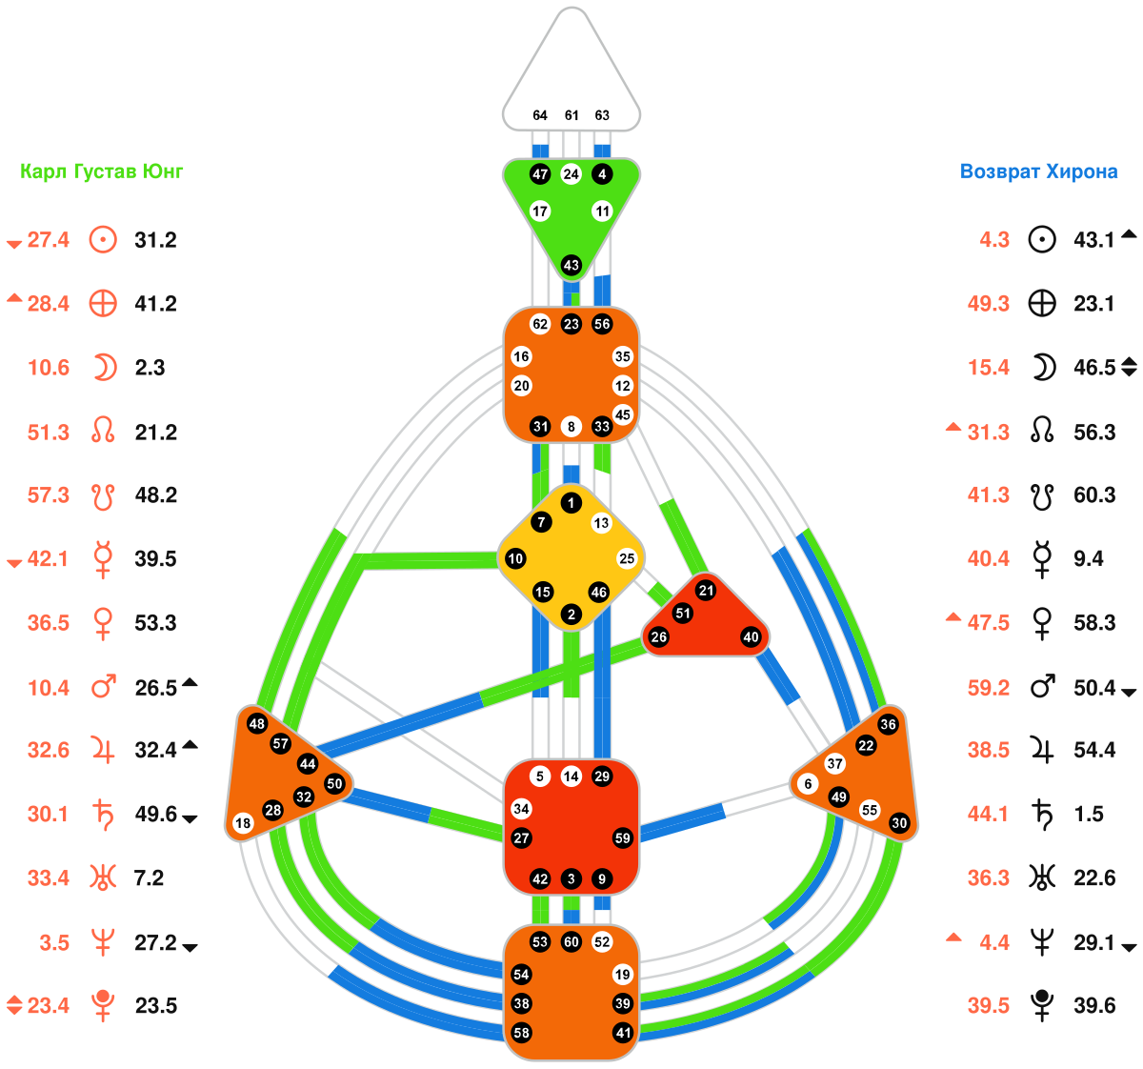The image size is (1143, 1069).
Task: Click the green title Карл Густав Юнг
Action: [x=101, y=171]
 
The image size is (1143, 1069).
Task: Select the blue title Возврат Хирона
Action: [x=1038, y=171]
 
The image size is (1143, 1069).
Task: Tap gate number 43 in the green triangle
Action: [x=571, y=266]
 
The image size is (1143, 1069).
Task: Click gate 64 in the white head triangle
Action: [x=540, y=115]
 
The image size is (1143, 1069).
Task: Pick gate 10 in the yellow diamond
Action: [x=515, y=558]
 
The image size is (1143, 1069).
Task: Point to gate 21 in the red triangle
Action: [x=706, y=591]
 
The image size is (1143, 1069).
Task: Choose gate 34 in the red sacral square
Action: [x=521, y=809]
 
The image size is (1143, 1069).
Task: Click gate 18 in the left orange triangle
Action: [x=243, y=822]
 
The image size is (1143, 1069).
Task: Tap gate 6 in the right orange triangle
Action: [x=808, y=784]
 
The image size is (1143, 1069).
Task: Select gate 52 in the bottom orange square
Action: [x=602, y=941]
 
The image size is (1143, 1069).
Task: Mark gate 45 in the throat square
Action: [x=623, y=414]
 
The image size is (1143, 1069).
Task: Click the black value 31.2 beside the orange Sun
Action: [x=155, y=240]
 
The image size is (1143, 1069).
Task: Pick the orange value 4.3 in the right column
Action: [x=994, y=240]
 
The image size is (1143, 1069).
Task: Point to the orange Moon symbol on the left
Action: [x=104, y=368]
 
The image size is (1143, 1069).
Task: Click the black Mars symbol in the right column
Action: [x=1042, y=686]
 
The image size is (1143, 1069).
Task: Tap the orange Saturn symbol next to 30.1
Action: [x=103, y=815]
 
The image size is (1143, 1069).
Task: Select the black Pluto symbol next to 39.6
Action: [x=1042, y=1005]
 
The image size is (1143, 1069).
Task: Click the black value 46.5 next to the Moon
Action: [x=1094, y=368]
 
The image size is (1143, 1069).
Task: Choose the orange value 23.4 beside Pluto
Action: [x=49, y=1006]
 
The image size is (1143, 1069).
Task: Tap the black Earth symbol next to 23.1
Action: [x=1042, y=304]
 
